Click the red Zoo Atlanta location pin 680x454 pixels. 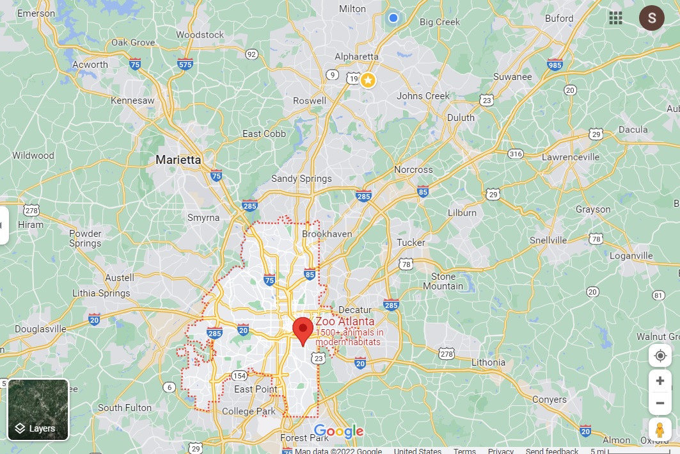click(302, 329)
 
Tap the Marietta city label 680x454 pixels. click(178, 160)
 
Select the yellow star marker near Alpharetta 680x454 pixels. click(368, 80)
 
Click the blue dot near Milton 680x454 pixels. click(393, 18)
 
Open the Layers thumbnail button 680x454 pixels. click(38, 410)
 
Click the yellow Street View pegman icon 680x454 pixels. click(660, 430)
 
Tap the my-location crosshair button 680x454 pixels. click(660, 355)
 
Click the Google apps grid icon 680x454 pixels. click(615, 18)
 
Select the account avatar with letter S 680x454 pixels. click(651, 18)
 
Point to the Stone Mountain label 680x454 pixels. click(443, 281)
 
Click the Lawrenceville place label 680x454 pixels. click(570, 156)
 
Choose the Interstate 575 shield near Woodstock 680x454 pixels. click(185, 64)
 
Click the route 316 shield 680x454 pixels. click(516, 154)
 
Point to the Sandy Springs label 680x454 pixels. click(301, 179)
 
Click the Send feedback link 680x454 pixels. click(552, 451)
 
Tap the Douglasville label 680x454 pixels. click(40, 328)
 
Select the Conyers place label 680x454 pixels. click(550, 400)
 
